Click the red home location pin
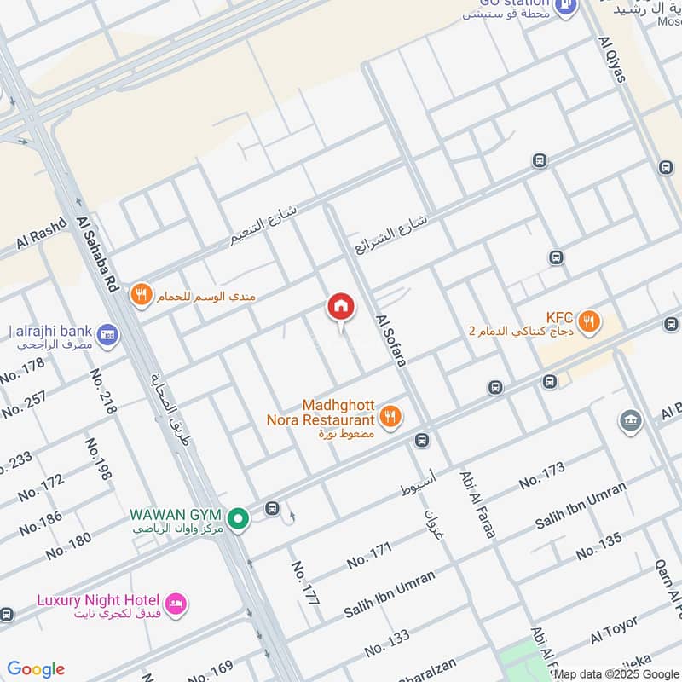tap(340, 306)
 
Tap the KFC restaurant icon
tap(588, 321)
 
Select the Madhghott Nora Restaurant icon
tap(390, 415)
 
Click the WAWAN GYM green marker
tap(240, 517)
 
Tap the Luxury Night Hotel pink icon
tap(177, 603)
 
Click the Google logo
tap(36, 669)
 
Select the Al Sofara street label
tap(391, 341)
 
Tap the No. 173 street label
tap(541, 476)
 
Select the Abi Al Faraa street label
tap(477, 504)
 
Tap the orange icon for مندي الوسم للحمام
tap(142, 295)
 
